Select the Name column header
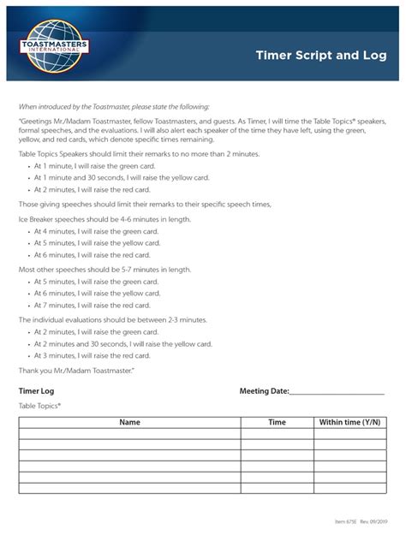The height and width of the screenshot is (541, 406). click(x=129, y=422)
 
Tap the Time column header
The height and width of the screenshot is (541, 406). click(x=277, y=422)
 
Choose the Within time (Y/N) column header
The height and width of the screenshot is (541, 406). click(x=349, y=422)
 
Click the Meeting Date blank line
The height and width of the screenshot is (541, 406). click(x=337, y=392)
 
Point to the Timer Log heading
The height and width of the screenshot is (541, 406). click(x=38, y=391)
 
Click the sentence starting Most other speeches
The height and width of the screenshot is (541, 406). click(x=104, y=269)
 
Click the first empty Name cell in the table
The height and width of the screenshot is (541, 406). click(x=129, y=433)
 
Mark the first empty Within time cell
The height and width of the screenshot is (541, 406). click(x=349, y=433)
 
